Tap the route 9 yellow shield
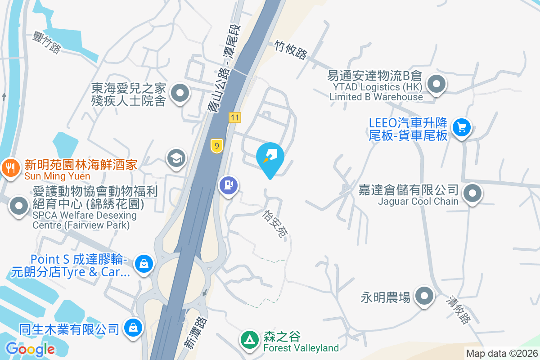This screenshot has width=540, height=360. [x=217, y=146]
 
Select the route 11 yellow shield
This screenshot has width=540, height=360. [x=234, y=117]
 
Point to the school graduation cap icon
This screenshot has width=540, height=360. [x=176, y=158]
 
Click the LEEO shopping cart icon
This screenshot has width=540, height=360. [x=461, y=127]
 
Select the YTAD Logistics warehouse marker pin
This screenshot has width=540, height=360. [x=436, y=84]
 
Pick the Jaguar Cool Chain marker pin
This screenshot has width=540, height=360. [x=472, y=194]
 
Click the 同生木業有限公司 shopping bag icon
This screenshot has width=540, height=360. [x=133, y=327]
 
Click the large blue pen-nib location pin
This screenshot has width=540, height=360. [x=270, y=158]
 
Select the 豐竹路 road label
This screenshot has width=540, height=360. [x=46, y=42]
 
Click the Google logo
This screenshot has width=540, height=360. [x=30, y=349]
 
